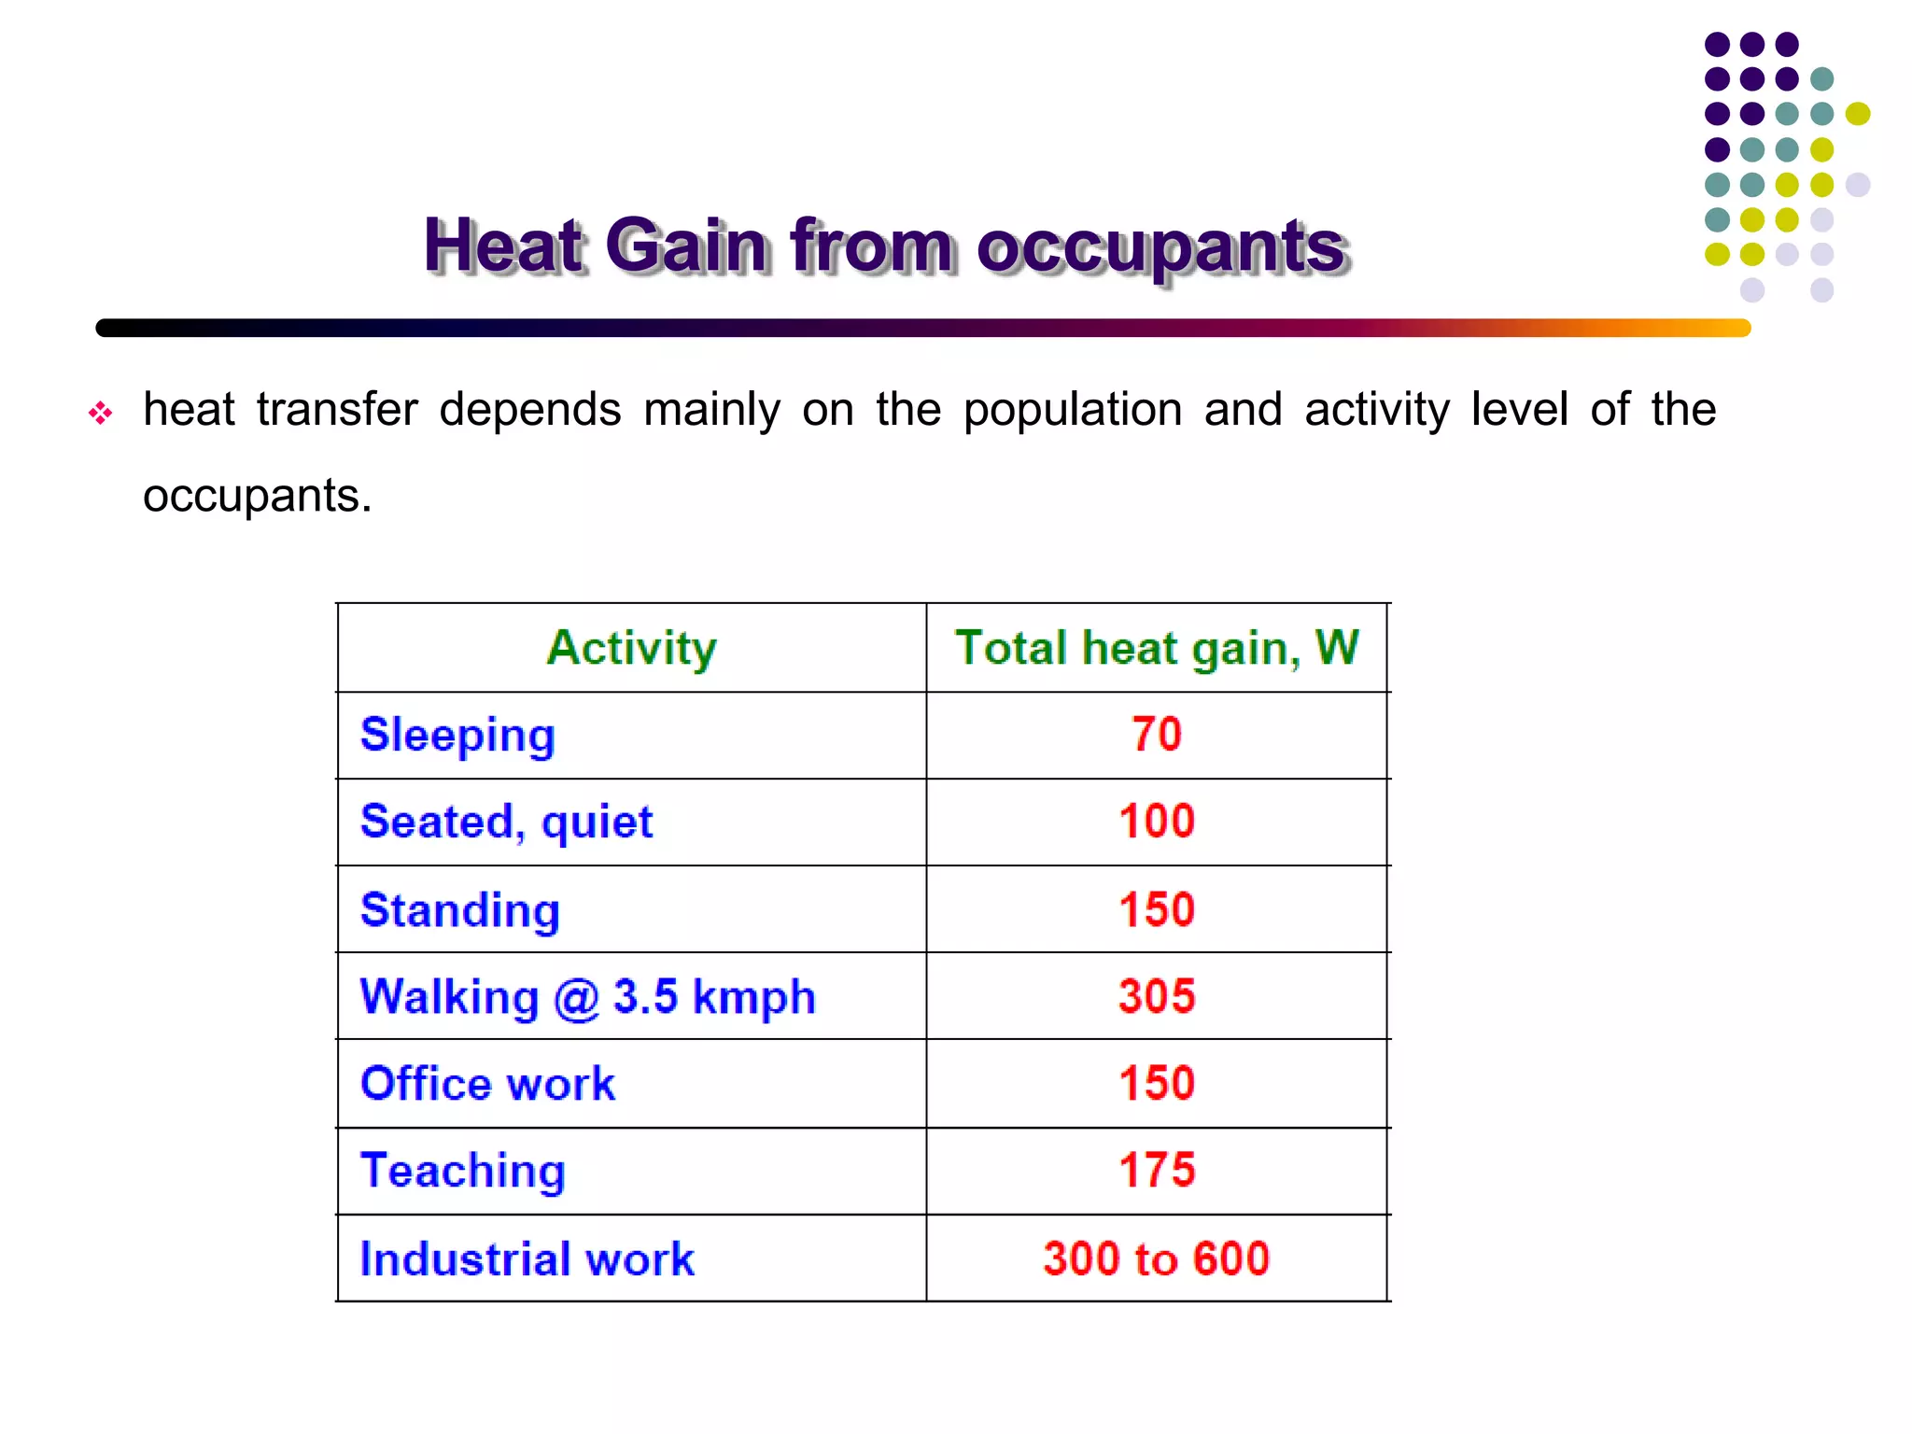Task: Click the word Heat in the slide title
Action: coord(504,246)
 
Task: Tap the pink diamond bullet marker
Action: coord(100,413)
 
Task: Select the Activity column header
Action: coord(632,648)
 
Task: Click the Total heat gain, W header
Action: coord(1157,648)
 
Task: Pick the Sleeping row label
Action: coord(457,736)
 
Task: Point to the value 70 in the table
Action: coord(1157,734)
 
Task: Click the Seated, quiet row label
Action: coord(506,822)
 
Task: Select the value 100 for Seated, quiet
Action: coord(1157,822)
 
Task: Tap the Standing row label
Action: coord(460,911)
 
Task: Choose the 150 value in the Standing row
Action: coord(1157,909)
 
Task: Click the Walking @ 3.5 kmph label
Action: coord(588,997)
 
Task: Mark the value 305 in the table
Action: coord(1157,996)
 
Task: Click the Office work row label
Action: coord(487,1084)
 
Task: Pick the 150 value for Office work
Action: coord(1157,1083)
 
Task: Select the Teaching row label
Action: coord(463,1172)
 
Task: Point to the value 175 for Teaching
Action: coord(1157,1171)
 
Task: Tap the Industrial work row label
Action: coord(527,1258)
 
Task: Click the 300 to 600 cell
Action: coord(1157,1258)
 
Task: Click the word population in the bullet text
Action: coord(1072,410)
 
